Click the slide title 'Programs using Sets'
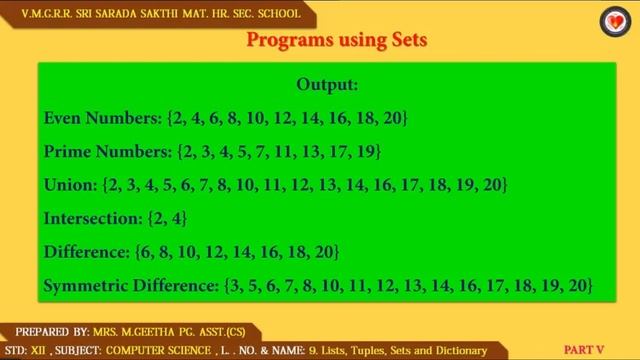[336, 41]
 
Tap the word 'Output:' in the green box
[327, 85]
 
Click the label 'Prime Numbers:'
[107, 152]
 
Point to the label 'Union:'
[71, 185]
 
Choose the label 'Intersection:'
[93, 218]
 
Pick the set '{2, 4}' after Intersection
[168, 218]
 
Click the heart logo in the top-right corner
[612, 21]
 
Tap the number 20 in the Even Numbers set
[391, 119]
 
